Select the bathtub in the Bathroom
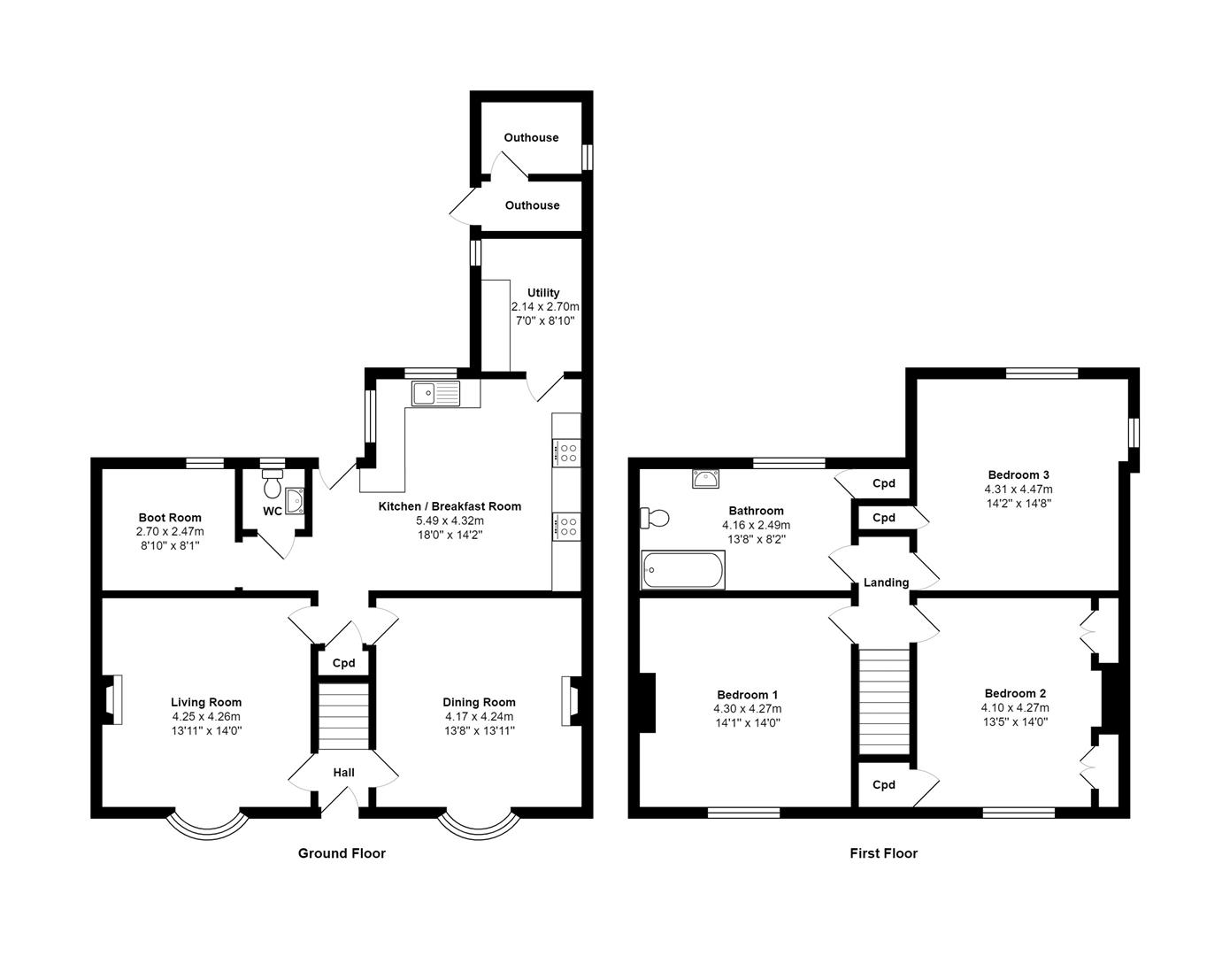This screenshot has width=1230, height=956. coord(682,570)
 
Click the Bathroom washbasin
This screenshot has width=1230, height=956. coord(705,479)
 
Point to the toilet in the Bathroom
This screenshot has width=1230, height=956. coord(656,518)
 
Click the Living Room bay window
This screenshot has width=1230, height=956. coord(207,823)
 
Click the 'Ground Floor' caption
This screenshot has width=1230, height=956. coord(342,853)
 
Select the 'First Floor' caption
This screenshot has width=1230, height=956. coord(883,853)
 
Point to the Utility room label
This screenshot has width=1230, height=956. coord(543,293)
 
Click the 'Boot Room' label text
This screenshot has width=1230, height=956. coord(170,518)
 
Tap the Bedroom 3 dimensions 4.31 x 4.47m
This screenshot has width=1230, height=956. coord(1018,489)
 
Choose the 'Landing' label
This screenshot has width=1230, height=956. coord(886,582)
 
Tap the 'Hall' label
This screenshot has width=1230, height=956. coord(343,773)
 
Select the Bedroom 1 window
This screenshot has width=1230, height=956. coord(743,811)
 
